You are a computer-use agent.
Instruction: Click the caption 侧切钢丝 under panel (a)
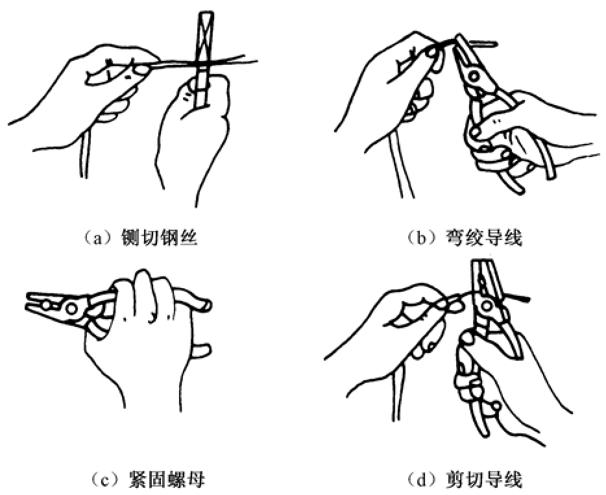click(x=159, y=237)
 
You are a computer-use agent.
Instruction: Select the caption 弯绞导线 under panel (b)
click(x=484, y=237)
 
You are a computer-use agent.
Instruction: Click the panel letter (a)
click(x=95, y=237)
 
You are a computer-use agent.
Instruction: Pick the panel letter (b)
click(x=420, y=237)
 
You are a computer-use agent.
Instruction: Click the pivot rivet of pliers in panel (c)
click(x=71, y=308)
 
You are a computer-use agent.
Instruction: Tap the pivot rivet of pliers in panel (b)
click(x=472, y=76)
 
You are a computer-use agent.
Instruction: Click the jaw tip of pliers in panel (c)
click(x=28, y=302)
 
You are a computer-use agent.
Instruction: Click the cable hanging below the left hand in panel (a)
click(x=84, y=154)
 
